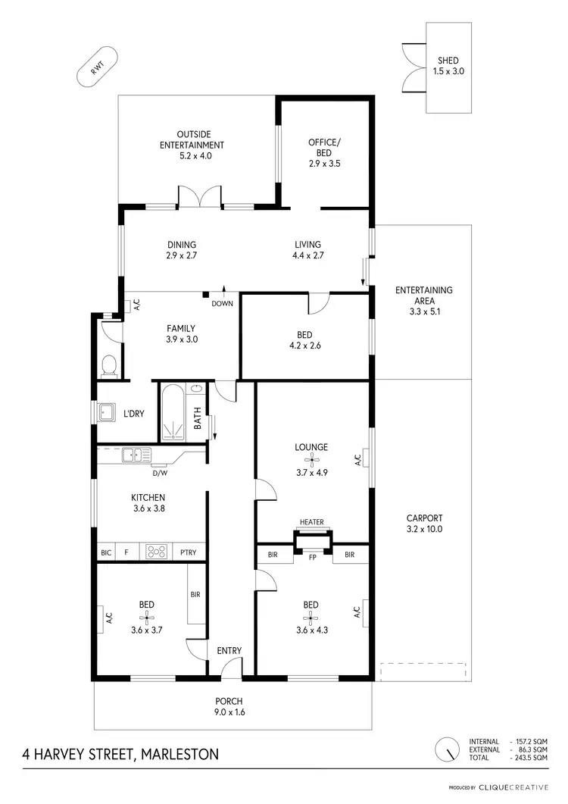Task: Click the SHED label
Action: pyautogui.click(x=448, y=61)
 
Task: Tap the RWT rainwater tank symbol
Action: pyautogui.click(x=96, y=70)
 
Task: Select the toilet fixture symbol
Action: pyautogui.click(x=109, y=366)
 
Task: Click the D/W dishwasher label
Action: pyautogui.click(x=160, y=474)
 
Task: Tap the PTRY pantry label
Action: pyautogui.click(x=188, y=552)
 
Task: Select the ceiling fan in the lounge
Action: pyautogui.click(x=311, y=459)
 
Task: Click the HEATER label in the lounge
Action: pyautogui.click(x=311, y=522)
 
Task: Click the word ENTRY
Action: pyautogui.click(x=229, y=651)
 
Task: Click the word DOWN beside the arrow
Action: pyautogui.click(x=223, y=304)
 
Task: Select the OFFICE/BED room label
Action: pyautogui.click(x=326, y=148)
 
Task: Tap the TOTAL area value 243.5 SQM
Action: pyautogui.click(x=530, y=758)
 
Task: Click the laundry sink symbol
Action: pyautogui.click(x=107, y=413)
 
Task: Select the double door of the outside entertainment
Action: pyautogui.click(x=199, y=197)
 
